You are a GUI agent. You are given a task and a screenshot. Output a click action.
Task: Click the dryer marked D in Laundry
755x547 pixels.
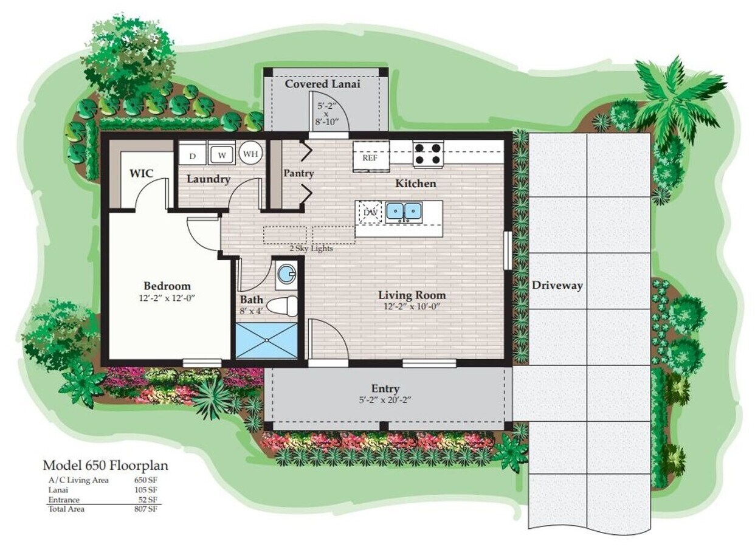[x=192, y=156]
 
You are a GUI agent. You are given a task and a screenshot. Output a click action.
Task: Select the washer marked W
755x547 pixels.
[x=222, y=154]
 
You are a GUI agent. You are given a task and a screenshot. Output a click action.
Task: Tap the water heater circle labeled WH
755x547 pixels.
[x=250, y=154]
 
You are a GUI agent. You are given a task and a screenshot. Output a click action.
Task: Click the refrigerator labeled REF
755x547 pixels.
[x=370, y=157]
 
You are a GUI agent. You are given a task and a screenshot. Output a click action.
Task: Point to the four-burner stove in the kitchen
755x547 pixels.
[x=428, y=153]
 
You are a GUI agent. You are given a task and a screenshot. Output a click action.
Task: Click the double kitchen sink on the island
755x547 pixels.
[x=404, y=211]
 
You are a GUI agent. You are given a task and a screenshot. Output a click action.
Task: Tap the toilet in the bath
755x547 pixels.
[x=284, y=305]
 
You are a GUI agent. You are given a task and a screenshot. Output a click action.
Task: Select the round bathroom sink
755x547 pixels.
[x=286, y=275]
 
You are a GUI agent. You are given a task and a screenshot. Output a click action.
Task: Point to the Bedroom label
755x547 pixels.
[x=167, y=286]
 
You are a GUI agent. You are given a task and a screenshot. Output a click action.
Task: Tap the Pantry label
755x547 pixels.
[x=298, y=174]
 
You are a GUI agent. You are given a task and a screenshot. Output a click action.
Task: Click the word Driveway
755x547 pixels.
[x=557, y=285]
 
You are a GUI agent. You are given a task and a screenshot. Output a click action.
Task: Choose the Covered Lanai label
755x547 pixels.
[x=322, y=84]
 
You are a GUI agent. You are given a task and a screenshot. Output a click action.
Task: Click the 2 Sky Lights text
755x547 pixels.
[x=311, y=248]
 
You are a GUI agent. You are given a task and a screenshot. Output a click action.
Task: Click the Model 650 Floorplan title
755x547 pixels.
[x=105, y=466]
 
